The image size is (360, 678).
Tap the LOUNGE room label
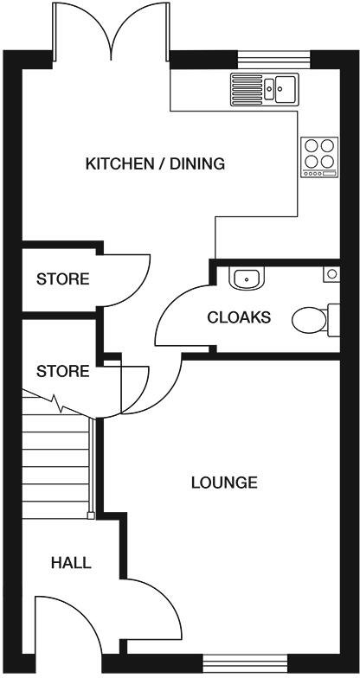point(223,483)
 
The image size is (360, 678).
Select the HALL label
point(71,563)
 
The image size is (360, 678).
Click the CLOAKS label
point(239,317)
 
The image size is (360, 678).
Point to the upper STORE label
point(62,279)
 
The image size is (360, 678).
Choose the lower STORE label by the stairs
point(62,372)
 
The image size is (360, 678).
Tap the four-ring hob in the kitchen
point(319,156)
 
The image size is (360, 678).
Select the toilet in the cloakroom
point(311,320)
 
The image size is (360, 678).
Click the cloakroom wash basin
point(248,279)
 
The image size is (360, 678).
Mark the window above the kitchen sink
point(273,59)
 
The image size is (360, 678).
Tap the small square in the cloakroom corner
point(331,274)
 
